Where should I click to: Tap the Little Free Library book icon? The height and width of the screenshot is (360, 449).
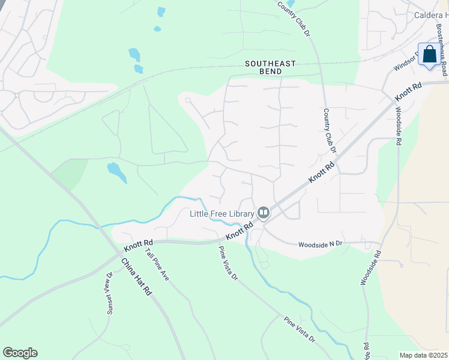263,212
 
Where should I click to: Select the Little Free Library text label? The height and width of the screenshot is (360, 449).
223,213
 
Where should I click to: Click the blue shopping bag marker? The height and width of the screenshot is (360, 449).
430,55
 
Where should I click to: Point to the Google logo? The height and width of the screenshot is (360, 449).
20,353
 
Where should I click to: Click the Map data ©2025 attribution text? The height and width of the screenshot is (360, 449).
423,355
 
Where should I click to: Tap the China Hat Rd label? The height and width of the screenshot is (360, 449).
136,277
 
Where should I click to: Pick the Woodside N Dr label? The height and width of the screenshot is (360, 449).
321,244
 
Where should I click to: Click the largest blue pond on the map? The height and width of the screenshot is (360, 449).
116,172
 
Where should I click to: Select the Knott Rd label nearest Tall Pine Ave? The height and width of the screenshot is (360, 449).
139,246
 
